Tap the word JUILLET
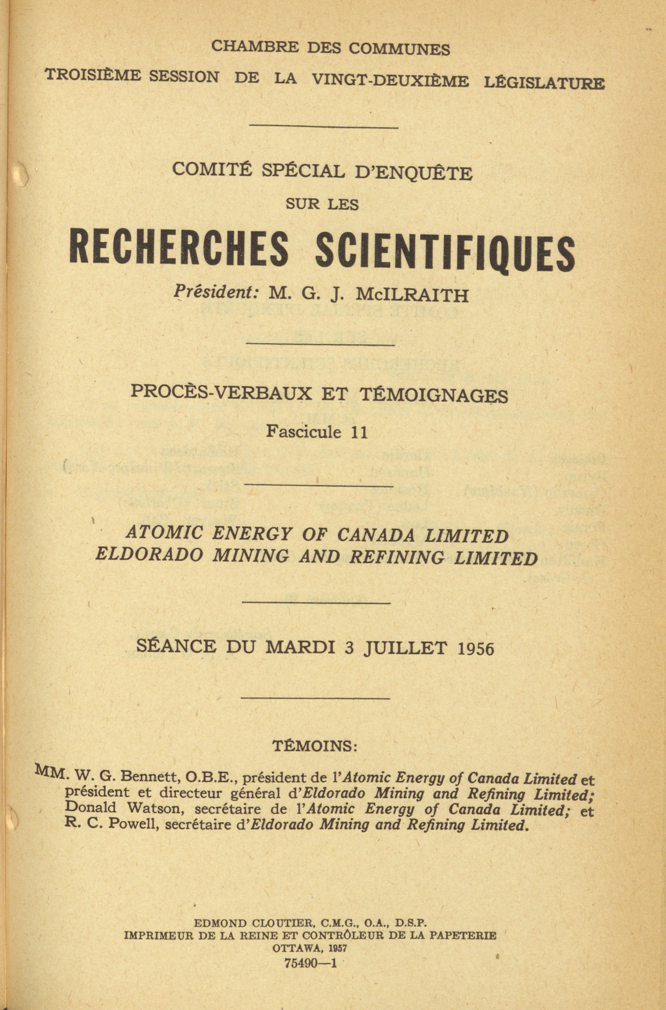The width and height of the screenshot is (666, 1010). coord(405,648)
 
